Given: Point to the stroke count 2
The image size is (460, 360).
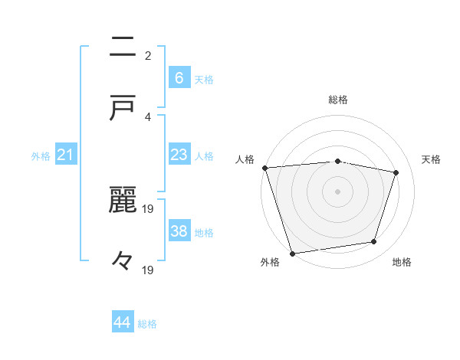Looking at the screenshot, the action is click(x=148, y=55).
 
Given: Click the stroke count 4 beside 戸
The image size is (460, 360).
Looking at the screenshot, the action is click(x=148, y=116).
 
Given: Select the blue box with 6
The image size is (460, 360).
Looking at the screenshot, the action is click(x=179, y=77).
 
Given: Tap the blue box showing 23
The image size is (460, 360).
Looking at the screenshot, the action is click(x=179, y=155).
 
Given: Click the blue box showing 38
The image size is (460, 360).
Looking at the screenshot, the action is click(x=179, y=231).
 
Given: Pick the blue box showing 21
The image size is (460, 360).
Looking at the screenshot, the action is click(x=66, y=155).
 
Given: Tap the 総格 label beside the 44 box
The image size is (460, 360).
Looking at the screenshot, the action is click(x=147, y=324).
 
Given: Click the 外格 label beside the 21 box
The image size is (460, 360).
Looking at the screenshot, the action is click(x=41, y=156).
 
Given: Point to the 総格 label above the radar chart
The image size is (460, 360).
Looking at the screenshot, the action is click(x=338, y=100).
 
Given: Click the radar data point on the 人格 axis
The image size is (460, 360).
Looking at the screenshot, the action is click(x=264, y=168).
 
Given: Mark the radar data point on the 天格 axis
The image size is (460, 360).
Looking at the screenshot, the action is click(x=396, y=172).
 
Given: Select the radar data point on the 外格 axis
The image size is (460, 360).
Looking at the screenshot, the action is click(x=292, y=252).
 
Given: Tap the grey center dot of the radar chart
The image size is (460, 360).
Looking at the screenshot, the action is click(x=337, y=191).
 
